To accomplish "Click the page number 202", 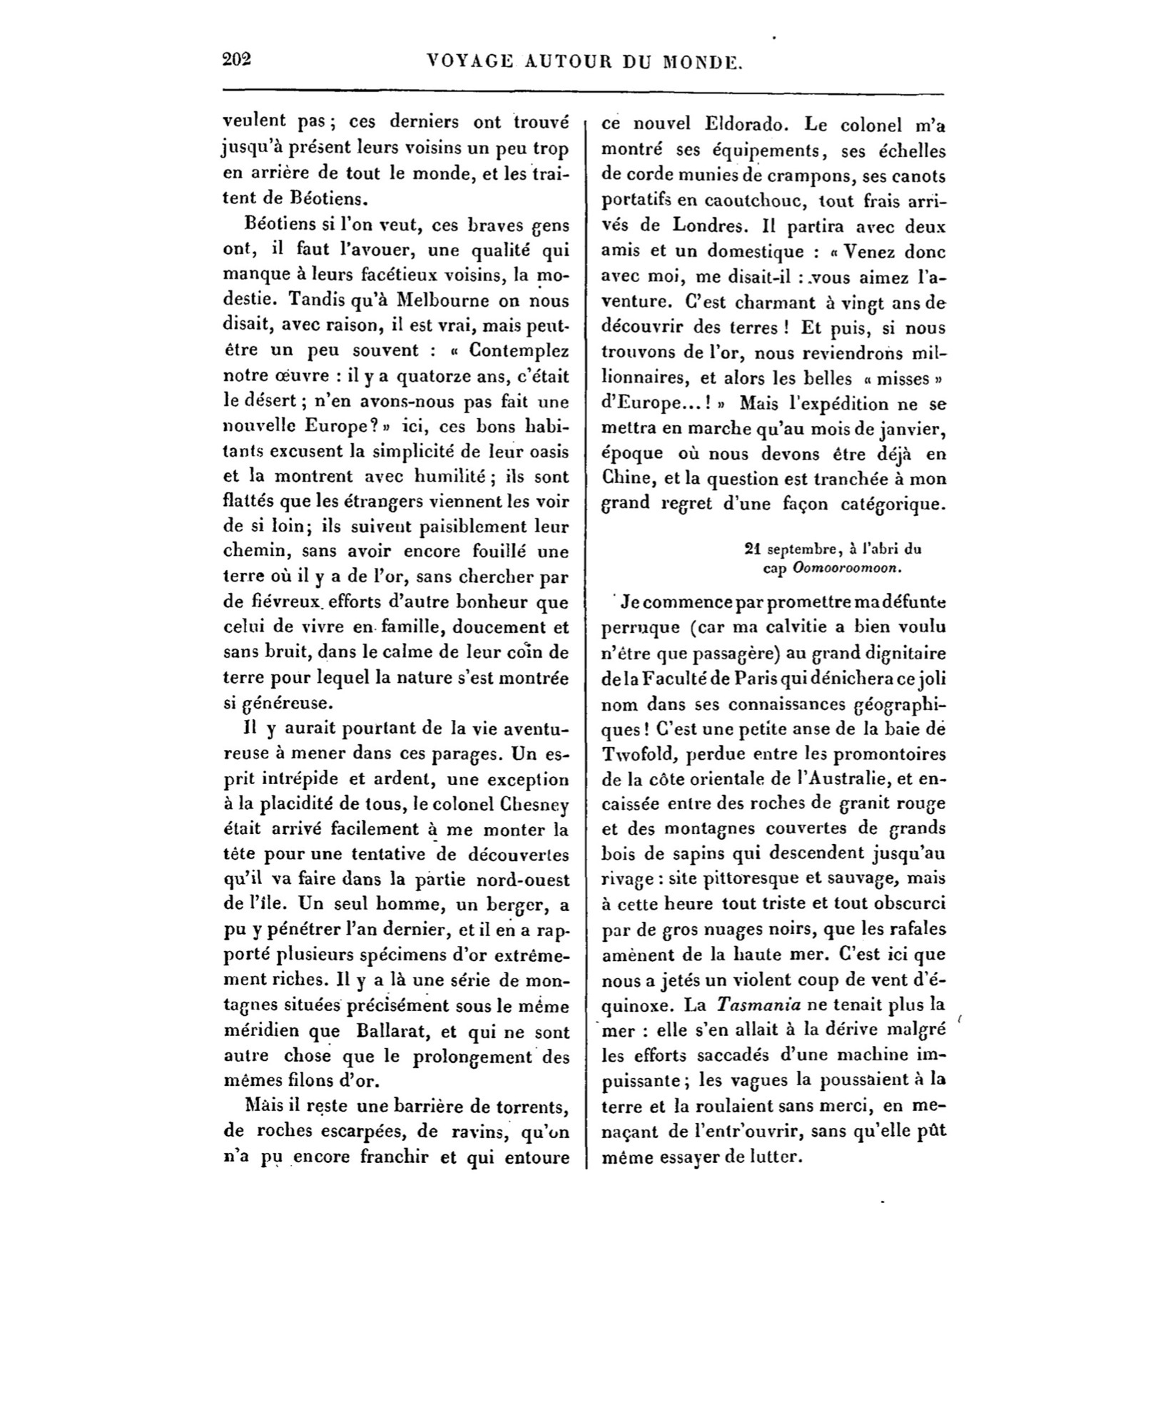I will coord(238,60).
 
